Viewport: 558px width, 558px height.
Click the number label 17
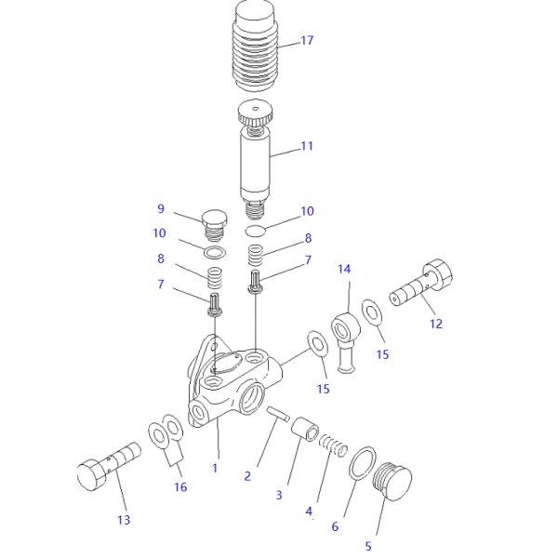coord(307,41)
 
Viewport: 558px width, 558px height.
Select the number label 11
coord(308,146)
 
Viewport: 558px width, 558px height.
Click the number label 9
coord(160,209)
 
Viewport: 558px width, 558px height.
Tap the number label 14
coord(345,270)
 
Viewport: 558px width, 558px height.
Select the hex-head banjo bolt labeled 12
coord(423,283)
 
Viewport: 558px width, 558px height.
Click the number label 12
coord(435,324)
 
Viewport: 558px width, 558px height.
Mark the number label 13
coord(124,520)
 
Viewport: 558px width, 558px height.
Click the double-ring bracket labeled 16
coord(166,438)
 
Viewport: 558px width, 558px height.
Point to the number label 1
coord(215,468)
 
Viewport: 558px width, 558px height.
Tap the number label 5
coord(368,546)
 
